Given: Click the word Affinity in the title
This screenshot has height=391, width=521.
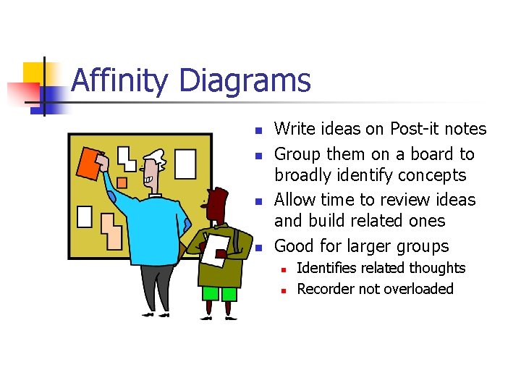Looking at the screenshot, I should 120,80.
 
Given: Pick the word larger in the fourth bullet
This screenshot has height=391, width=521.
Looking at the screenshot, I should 366,245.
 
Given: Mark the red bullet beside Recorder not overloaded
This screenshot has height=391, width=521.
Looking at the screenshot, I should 284,290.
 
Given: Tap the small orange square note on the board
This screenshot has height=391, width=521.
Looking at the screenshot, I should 122,182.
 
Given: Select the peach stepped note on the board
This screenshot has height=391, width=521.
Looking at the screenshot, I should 112,230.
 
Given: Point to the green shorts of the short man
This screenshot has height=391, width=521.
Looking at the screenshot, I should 219,293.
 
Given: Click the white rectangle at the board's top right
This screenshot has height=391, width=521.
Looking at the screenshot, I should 186,164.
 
